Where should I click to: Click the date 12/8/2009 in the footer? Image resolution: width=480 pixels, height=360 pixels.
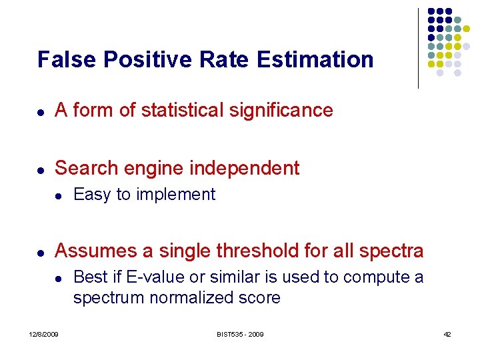tap(43, 334)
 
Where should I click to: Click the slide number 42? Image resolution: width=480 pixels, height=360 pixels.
tap(447, 334)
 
